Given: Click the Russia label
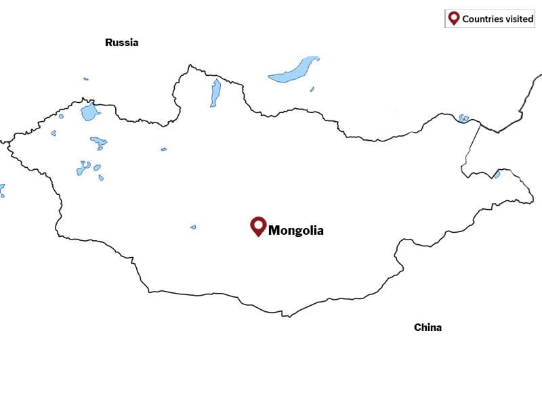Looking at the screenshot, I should (x=121, y=43).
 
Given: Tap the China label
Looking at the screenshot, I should (x=428, y=328).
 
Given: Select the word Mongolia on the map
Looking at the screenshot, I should (x=296, y=231).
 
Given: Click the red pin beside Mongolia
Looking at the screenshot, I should (x=257, y=225).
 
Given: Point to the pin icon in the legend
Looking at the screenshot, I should (x=453, y=18).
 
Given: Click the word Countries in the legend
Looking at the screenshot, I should (x=484, y=19).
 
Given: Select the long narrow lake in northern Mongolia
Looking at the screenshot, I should (x=215, y=93).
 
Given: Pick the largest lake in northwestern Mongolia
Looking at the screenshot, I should (x=89, y=112).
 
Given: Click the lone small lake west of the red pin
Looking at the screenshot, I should (x=193, y=227).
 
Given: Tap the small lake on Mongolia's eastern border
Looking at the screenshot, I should (x=497, y=175).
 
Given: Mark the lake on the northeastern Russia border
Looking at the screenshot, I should (x=463, y=118).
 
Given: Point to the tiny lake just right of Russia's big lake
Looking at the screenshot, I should (x=312, y=89).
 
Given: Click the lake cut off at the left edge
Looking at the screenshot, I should (x=1, y=189).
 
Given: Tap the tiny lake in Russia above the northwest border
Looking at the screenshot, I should (x=86, y=79).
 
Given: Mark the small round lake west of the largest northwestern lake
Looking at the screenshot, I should (x=61, y=116).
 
